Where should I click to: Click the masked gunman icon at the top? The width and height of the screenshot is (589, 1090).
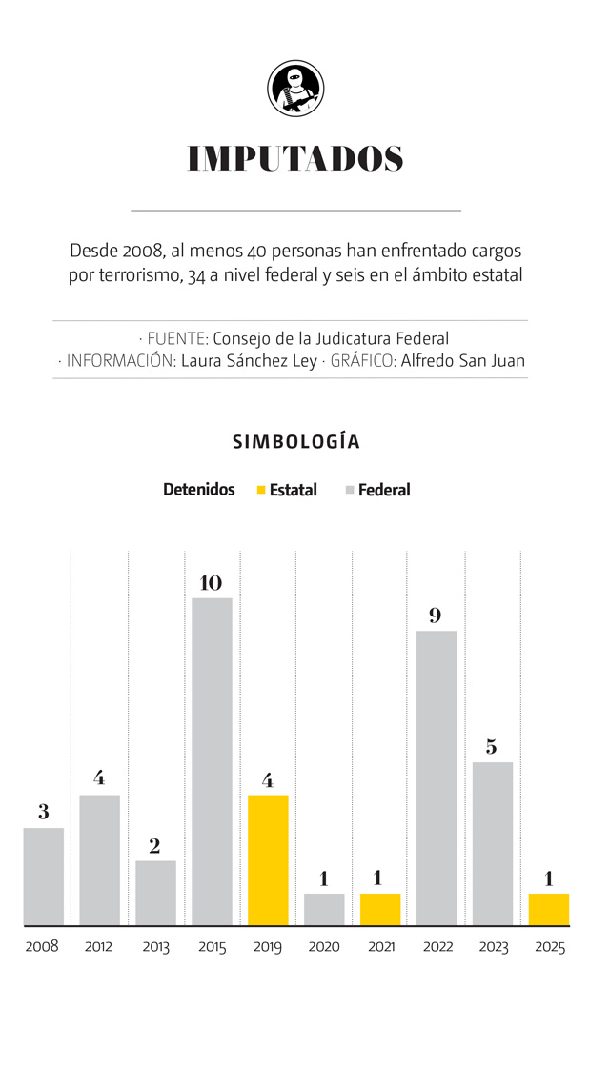[x=295, y=88]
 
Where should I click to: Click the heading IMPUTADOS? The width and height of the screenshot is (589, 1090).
[x=295, y=159]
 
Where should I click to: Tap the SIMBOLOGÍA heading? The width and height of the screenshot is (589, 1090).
[x=295, y=442]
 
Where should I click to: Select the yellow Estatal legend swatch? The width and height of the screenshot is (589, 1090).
[x=261, y=490]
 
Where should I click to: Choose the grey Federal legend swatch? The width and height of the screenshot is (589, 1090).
[x=350, y=490]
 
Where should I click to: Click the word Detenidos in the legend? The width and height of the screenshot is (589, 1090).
[x=198, y=489]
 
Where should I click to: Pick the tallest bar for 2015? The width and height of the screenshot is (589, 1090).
[x=212, y=761]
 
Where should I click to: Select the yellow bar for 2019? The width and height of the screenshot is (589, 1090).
[x=268, y=859]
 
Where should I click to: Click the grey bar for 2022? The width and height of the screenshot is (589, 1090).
[x=437, y=777]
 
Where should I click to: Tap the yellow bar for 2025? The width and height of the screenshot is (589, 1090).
[x=549, y=909]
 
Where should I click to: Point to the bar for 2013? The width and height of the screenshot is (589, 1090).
[x=155, y=893]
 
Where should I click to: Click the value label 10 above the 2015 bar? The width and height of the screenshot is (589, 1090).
[x=211, y=582]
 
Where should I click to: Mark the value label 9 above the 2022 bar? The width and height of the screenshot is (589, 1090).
[x=436, y=616]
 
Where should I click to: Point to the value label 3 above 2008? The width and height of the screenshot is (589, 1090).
[x=44, y=813]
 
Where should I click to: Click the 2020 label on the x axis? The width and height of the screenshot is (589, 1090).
[x=324, y=947]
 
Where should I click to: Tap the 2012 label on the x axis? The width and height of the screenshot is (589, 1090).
[x=99, y=947]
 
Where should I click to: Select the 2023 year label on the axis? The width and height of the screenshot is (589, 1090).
[x=493, y=947]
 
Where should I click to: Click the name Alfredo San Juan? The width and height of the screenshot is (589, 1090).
[x=462, y=361]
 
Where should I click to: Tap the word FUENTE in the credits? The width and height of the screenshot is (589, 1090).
[x=177, y=338]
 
